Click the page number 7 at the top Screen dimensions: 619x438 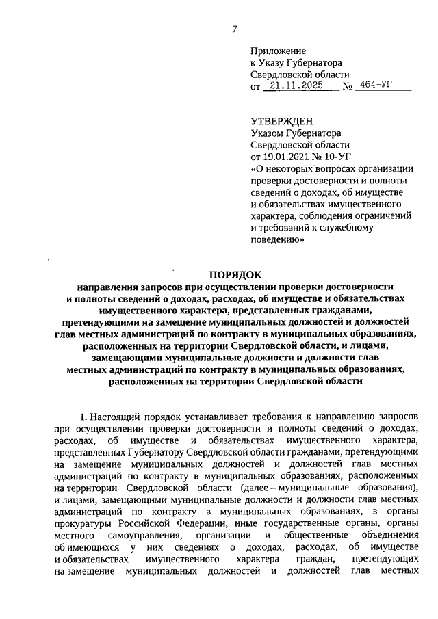234,29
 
